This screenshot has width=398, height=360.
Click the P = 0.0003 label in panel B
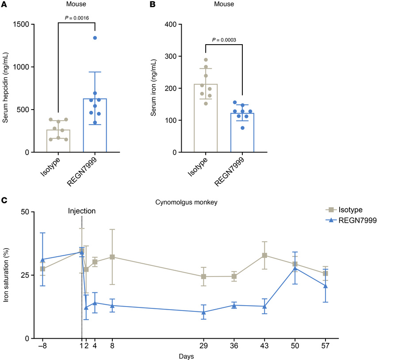[x=224, y=40]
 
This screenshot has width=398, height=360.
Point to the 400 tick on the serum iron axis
[x=171, y=24]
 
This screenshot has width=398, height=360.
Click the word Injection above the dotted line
[x=82, y=211]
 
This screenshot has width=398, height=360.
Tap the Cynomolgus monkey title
[x=184, y=202]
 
